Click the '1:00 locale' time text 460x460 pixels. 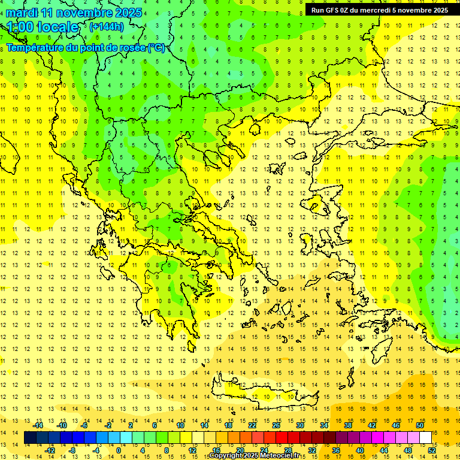[43, 27]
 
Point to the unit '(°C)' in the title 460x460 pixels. [156, 48]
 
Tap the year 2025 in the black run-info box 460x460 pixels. [437, 10]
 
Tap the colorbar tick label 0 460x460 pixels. [119, 450]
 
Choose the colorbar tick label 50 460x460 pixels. [420, 425]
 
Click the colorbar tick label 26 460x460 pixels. [276, 425]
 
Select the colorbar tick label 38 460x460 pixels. [348, 425]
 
